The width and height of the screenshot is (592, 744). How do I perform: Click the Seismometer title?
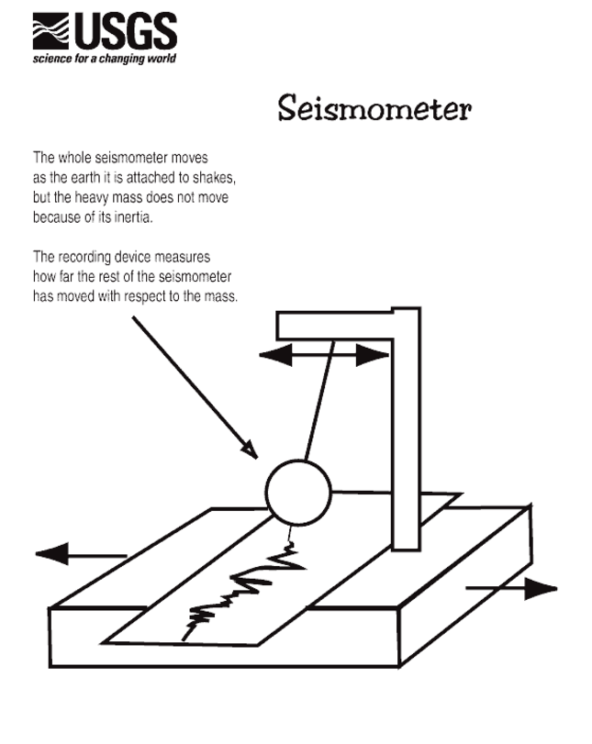374,107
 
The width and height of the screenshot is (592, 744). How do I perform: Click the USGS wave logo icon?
50,31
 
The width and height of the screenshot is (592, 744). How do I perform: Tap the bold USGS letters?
126,31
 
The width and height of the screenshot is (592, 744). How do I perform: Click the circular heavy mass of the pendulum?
298,493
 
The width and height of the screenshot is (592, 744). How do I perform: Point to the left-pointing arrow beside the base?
81,554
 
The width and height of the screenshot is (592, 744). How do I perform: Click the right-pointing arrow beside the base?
511,588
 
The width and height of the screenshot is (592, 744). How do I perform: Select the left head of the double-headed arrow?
275,354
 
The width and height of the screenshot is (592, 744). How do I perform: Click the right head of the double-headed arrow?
373,354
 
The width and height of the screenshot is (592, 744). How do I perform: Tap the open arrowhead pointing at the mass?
251,450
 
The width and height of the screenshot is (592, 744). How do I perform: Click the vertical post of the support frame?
407,429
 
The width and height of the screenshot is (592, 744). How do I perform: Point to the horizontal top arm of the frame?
335,325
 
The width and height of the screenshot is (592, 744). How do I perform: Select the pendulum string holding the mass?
319,400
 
